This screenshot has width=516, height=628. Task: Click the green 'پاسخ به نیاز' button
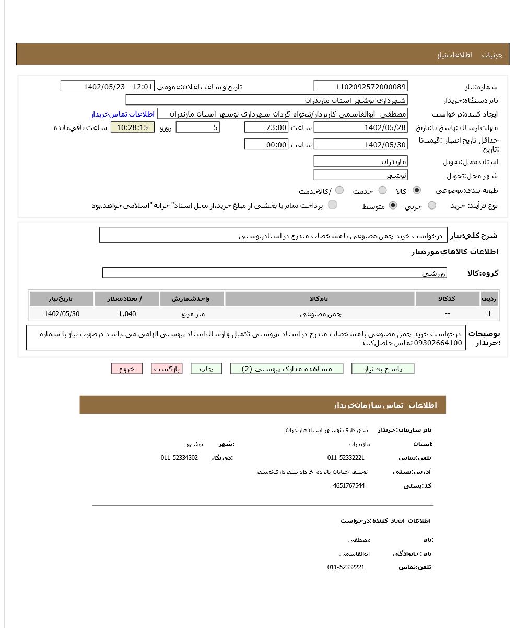[x=382, y=369]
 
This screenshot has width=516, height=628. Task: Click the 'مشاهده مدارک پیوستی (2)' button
[x=287, y=369]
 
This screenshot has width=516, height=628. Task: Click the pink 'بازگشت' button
[x=167, y=369]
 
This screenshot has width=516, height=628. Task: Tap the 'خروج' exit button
[x=127, y=369]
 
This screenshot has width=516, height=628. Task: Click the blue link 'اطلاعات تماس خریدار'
[x=123, y=114]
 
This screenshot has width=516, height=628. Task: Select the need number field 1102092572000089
[x=360, y=87]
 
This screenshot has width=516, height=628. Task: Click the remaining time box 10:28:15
[x=132, y=127]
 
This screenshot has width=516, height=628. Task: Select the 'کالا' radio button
[x=416, y=190]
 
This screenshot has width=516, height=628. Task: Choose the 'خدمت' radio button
[x=382, y=190]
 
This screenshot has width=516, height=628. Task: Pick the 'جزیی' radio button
[x=431, y=205]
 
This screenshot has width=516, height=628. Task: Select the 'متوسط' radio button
[x=393, y=205]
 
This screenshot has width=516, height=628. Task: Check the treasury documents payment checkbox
[x=332, y=205]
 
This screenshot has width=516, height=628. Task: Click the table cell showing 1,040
[x=127, y=314]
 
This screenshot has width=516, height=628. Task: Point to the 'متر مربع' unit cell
[x=193, y=314]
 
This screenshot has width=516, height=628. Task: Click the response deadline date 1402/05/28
[x=360, y=127]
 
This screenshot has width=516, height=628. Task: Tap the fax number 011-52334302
[x=179, y=458]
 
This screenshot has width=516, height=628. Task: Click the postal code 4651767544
[x=348, y=486]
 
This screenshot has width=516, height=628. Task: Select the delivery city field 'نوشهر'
[x=360, y=175]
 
